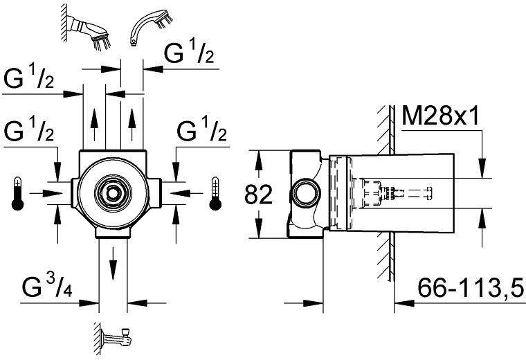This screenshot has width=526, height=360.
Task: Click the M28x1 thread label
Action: tap(440, 116)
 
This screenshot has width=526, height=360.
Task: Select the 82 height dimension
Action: tap(258, 195)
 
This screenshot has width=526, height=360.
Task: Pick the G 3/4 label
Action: tap(47, 287)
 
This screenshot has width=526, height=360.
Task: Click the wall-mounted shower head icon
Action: tap(87, 28)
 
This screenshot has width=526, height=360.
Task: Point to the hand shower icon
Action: tap(151, 28)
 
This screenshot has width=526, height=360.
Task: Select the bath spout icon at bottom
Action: tap(114, 339)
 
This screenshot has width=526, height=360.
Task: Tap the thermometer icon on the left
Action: tap(17, 194)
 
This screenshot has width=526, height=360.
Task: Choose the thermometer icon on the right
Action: tap(215, 194)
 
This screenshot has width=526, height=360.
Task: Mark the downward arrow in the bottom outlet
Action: tap(113, 264)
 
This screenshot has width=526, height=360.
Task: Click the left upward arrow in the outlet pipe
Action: tap(95, 125)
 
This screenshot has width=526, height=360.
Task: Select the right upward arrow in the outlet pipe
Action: tap(132, 125)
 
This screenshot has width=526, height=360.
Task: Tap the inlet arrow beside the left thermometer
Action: tap(46, 193)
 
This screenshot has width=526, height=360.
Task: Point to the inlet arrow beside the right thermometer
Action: tap(186, 193)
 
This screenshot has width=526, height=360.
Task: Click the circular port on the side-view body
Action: tap(303, 194)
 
